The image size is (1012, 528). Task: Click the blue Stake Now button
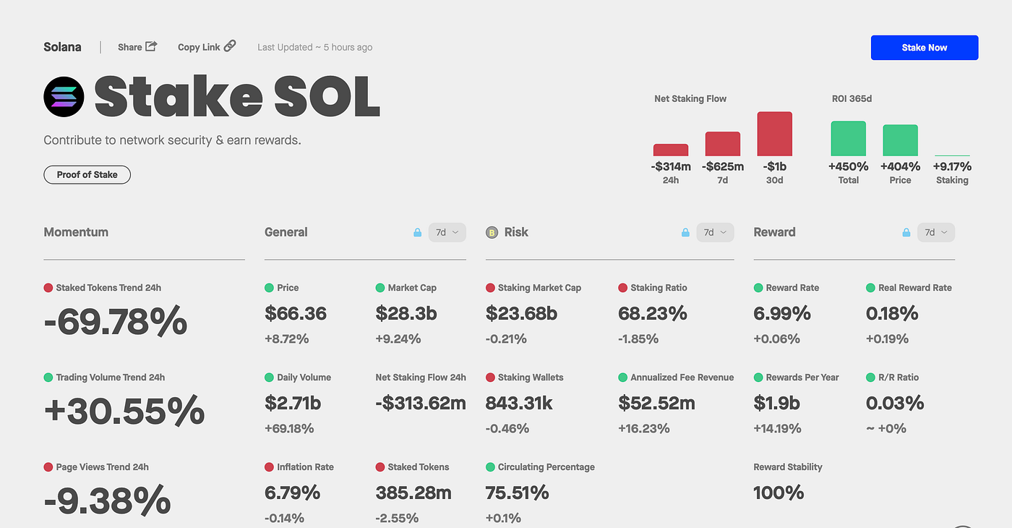pos(924,48)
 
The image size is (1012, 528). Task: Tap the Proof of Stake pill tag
pos(87,174)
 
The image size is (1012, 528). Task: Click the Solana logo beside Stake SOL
pos(64,97)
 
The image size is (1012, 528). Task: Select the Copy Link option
pos(207,47)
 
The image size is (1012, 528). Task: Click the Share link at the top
pos(137,47)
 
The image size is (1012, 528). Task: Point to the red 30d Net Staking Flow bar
pos(774,134)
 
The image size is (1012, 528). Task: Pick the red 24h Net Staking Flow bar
pos(670,150)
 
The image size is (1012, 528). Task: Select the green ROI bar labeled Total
pos(848,138)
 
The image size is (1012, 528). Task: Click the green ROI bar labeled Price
pos(900,140)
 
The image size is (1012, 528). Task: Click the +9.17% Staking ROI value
pos(952,166)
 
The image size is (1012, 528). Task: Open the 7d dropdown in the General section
pos(447,232)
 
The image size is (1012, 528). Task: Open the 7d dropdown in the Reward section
pos(935,232)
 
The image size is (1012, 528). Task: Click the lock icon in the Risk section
pos(685,232)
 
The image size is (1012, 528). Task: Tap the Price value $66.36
pos(296,313)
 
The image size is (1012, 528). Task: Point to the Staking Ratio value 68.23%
pos(652,313)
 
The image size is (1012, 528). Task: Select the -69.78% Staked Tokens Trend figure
pos(116,322)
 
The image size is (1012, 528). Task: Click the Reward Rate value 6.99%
pos(781,313)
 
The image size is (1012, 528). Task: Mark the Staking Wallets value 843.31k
pos(518,403)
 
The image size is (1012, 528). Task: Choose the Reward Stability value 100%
pos(778,493)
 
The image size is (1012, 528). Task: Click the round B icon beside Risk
pos(492,232)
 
